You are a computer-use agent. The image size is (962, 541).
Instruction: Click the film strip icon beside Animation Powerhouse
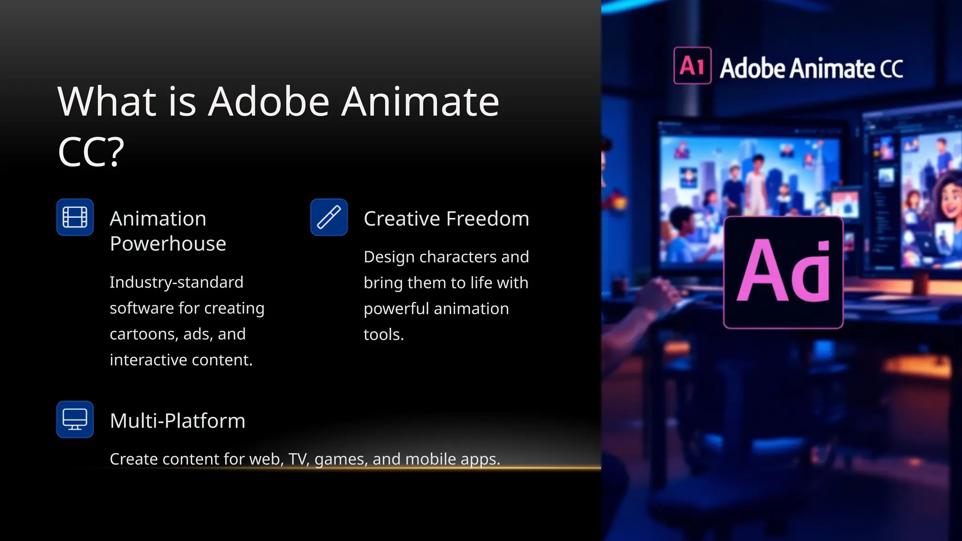[75, 217]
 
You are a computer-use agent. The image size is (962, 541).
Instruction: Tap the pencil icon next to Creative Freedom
[329, 217]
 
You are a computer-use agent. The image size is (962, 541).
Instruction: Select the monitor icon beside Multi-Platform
[75, 419]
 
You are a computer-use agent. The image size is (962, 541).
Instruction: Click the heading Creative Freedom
[446, 219]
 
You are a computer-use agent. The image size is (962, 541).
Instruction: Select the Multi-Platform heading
[178, 421]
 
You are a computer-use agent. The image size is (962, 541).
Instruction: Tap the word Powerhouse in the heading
[168, 244]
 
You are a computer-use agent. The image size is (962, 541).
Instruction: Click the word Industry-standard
[177, 282]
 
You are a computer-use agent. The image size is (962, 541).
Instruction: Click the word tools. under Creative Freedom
[384, 334]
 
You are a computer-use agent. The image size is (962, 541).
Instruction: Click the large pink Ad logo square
[783, 272]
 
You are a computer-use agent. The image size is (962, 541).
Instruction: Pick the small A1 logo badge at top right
[692, 66]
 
